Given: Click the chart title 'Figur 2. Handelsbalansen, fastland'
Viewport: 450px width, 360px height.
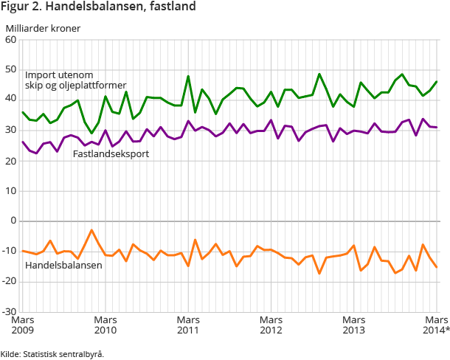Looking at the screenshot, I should [98, 8].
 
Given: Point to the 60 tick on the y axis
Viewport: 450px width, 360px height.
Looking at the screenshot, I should [11, 40].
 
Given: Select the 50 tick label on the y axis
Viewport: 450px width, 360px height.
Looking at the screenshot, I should [11, 70].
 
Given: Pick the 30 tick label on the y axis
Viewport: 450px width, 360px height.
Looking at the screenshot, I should [11, 131].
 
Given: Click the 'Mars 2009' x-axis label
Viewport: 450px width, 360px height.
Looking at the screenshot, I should [22, 325].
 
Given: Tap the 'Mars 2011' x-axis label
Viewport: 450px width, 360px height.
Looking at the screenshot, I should [188, 325].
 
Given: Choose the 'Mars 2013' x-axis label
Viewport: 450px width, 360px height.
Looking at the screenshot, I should [354, 325].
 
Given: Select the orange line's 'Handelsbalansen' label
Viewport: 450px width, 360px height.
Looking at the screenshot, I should [64, 264].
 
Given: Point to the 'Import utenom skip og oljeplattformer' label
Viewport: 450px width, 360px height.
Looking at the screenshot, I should [75, 80].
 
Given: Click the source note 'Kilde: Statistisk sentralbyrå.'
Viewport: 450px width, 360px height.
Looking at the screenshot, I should [52, 353].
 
